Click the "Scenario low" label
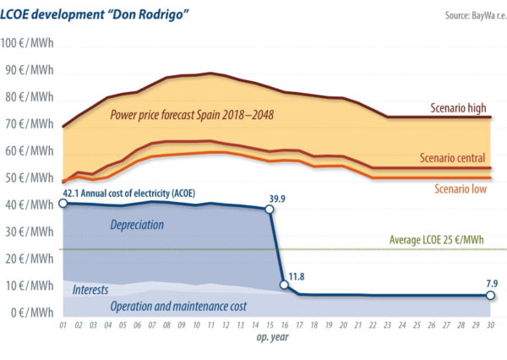(x=461, y=188)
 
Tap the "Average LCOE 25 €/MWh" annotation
(x=441, y=239)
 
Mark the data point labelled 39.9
(x=270, y=209)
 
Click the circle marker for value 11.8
(x=285, y=285)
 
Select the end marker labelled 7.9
(x=491, y=296)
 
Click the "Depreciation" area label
(x=137, y=226)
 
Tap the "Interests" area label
(x=90, y=290)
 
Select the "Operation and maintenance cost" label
(x=179, y=306)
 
